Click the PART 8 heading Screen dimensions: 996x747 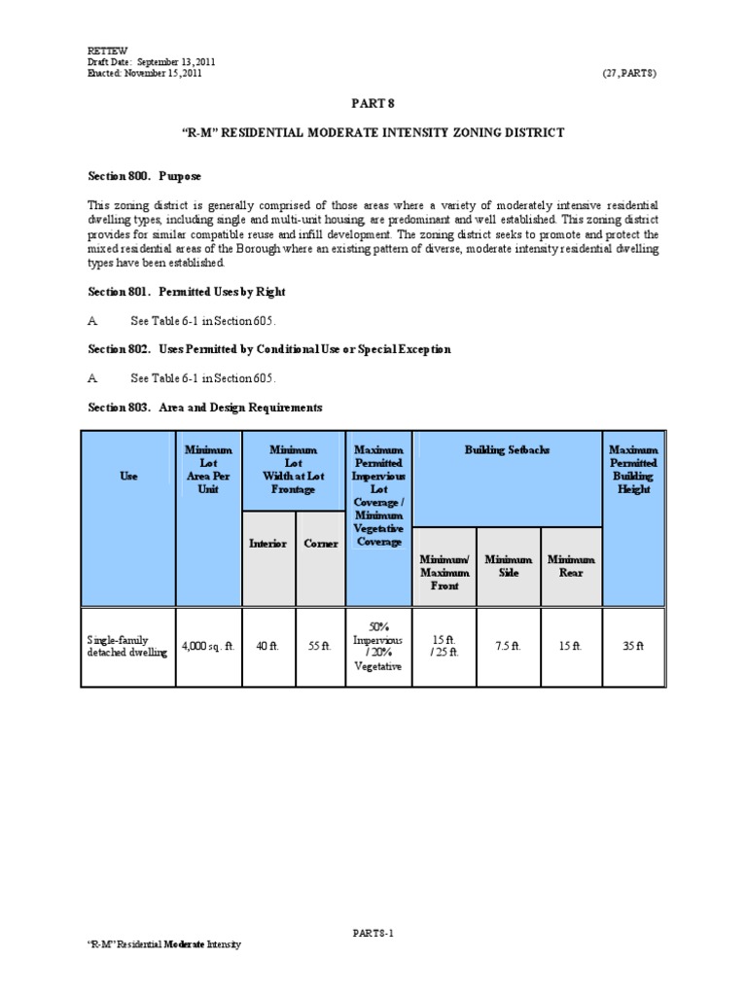pyautogui.click(x=373, y=102)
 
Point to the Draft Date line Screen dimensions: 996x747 pyautogui.click(x=151, y=62)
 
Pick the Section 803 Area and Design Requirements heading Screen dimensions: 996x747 pyautogui.click(x=205, y=408)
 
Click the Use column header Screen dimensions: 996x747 pyautogui.click(x=128, y=478)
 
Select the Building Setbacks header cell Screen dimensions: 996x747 pyautogui.click(x=507, y=451)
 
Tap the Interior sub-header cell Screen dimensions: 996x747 pyautogui.click(x=267, y=544)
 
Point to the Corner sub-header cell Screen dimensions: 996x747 pyautogui.click(x=321, y=544)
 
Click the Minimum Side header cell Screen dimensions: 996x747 pyautogui.click(x=509, y=566)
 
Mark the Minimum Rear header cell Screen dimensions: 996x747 pyautogui.click(x=571, y=566)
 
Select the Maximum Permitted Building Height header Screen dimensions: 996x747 pyautogui.click(x=633, y=470)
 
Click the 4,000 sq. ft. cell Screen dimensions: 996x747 pyautogui.click(x=208, y=646)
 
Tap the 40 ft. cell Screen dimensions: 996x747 pyautogui.click(x=267, y=646)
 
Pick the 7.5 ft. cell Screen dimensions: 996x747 pyautogui.click(x=509, y=646)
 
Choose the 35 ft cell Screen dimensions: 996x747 pyautogui.click(x=633, y=646)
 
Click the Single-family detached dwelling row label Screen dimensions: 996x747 pyautogui.click(x=126, y=646)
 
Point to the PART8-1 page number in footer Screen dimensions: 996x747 pyautogui.click(x=373, y=933)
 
